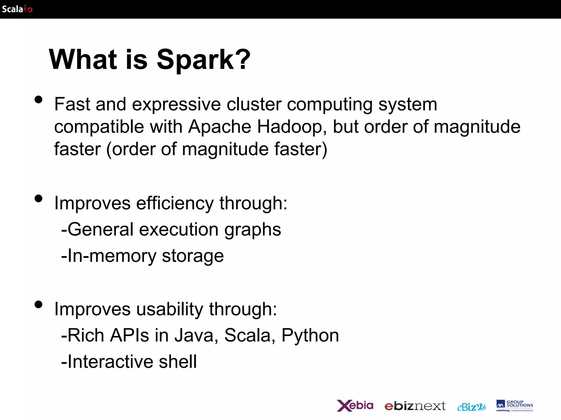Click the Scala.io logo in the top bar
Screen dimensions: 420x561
[17, 9]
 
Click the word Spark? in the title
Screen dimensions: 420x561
[203, 59]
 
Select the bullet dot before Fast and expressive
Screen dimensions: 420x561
[39, 100]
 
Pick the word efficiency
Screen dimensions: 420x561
[175, 203]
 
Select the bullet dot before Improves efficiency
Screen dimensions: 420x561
[39, 199]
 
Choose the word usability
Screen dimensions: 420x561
[170, 309]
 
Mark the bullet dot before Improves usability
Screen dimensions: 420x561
[39, 304]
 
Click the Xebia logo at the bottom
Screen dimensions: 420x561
[355, 406]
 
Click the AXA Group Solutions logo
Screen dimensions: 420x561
[514, 406]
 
